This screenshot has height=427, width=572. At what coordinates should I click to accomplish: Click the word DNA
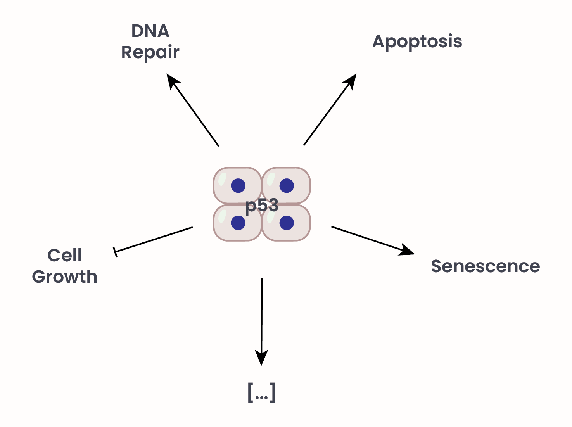pyautogui.click(x=150, y=31)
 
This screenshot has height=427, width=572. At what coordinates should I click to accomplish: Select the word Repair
pyautogui.click(x=150, y=52)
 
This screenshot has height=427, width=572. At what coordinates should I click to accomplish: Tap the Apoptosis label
pyautogui.click(x=417, y=41)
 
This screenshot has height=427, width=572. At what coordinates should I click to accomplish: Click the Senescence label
pyautogui.click(x=485, y=266)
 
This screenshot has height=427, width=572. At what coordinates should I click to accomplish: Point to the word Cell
pyautogui.click(x=64, y=256)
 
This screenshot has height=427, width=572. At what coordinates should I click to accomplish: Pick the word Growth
pyautogui.click(x=64, y=277)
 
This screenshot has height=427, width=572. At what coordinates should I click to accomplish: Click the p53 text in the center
pyautogui.click(x=262, y=205)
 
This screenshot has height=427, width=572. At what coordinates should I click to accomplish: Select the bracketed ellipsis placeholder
pyautogui.click(x=261, y=392)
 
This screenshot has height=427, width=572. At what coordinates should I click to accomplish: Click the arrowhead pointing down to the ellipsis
pyautogui.click(x=261, y=358)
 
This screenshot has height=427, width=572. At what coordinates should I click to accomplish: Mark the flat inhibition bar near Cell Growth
pyautogui.click(x=115, y=252)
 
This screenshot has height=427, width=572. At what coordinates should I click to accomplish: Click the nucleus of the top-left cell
pyautogui.click(x=238, y=186)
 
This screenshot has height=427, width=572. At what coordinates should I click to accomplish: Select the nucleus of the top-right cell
pyautogui.click(x=287, y=186)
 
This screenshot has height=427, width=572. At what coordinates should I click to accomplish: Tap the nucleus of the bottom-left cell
pyautogui.click(x=238, y=223)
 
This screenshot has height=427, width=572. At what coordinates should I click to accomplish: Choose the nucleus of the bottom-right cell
pyautogui.click(x=287, y=223)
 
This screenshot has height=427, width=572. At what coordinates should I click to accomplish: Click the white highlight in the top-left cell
pyautogui.click(x=222, y=179)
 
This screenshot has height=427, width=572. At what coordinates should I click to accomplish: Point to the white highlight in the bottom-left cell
pyautogui.click(x=222, y=216)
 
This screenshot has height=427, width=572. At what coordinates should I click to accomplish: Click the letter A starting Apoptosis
pyautogui.click(x=379, y=41)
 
